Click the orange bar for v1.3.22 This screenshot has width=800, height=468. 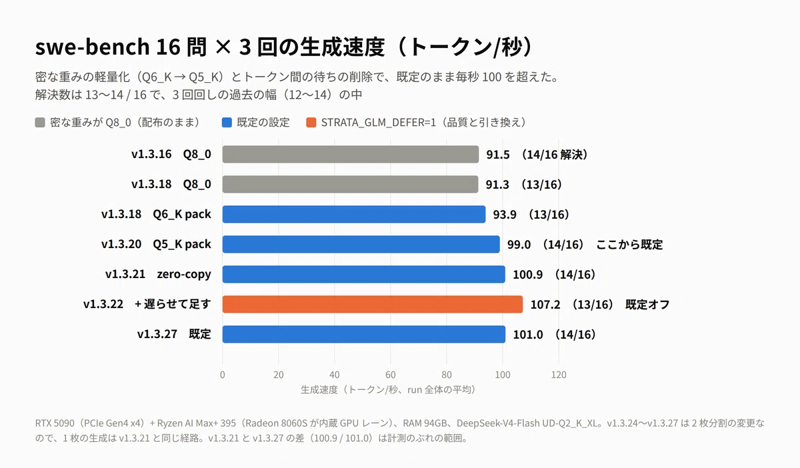[x=373, y=305]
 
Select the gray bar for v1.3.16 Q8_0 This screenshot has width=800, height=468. [x=351, y=154]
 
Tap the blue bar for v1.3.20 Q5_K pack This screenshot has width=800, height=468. [x=361, y=245]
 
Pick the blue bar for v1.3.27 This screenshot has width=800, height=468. [x=364, y=335]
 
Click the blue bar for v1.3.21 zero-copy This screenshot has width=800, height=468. [x=363, y=275]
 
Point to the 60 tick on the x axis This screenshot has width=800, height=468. [x=391, y=375]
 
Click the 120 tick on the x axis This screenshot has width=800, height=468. [x=559, y=375]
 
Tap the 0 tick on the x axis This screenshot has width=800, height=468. [x=223, y=375]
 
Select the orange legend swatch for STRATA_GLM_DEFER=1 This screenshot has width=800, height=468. [x=311, y=123]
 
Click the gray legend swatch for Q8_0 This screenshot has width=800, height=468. [x=40, y=123]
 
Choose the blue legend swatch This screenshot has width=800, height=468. [x=227, y=123]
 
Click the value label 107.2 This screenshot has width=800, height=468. [x=545, y=305]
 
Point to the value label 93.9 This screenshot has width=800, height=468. [x=505, y=215]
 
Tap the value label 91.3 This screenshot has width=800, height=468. [x=497, y=185]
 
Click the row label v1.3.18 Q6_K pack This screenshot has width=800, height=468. [x=156, y=215]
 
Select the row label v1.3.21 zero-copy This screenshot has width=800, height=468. [x=158, y=275]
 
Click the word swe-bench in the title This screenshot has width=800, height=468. [x=93, y=47]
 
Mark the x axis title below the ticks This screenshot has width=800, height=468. [x=388, y=390]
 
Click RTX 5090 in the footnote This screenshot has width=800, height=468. [x=55, y=423]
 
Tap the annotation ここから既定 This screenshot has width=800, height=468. [x=629, y=245]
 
